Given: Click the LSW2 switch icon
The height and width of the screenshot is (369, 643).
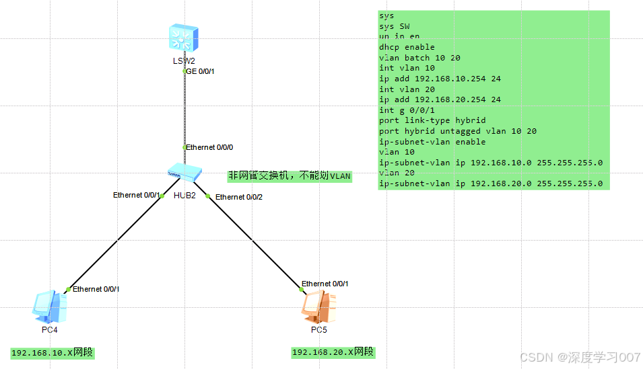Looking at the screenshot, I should pyautogui.click(x=184, y=38).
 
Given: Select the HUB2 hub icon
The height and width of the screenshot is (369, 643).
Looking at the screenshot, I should pyautogui.click(x=184, y=172).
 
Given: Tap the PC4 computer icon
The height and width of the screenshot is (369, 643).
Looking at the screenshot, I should pyautogui.click(x=50, y=306).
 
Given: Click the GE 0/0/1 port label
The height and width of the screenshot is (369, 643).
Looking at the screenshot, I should pyautogui.click(x=200, y=71).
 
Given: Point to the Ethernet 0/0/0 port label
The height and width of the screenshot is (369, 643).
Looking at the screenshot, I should pyautogui.click(x=209, y=147).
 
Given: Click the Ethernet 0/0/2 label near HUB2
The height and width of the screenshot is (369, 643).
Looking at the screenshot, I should pyautogui.click(x=238, y=197).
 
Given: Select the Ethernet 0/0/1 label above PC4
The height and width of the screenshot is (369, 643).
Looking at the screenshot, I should pyautogui.click(x=96, y=289).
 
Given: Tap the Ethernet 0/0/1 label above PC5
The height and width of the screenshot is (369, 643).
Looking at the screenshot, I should pyautogui.click(x=325, y=284).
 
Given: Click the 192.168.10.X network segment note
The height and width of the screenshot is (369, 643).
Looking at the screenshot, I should pyautogui.click(x=53, y=353).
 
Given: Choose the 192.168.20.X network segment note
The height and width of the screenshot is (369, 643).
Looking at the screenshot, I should pyautogui.click(x=333, y=352).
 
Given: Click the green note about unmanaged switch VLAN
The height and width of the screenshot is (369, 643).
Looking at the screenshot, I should pyautogui.click(x=290, y=176).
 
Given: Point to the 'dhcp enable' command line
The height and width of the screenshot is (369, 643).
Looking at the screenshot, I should pyautogui.click(x=407, y=47).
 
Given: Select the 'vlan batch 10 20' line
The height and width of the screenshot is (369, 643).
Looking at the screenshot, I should pyautogui.click(x=419, y=58).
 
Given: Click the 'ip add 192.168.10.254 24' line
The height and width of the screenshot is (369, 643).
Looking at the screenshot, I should pyautogui.click(x=440, y=79).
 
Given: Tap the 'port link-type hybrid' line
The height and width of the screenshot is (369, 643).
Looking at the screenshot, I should pyautogui.click(x=423, y=120).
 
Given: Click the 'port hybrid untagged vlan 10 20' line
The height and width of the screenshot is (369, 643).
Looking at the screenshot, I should pyautogui.click(x=457, y=131).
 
